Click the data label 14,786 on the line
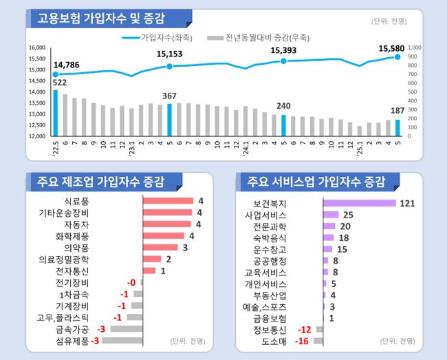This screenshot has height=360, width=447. tap(66, 65)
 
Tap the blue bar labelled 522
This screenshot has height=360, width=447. tap(56, 113)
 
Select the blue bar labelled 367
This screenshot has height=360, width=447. tap(169, 119)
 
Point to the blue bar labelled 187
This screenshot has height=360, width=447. tap(397, 127)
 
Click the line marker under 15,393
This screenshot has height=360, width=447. tap(283, 61)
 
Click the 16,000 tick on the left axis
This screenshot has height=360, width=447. tap(36, 47)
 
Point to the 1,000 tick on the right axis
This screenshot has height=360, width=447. tap(414, 47)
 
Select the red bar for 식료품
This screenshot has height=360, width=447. tap(168, 201)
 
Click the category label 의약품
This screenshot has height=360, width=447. tap(78, 247)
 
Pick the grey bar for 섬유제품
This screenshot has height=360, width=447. tap(122, 340)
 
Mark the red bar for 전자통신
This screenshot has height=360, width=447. tap(149, 271)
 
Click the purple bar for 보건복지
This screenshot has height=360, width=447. tap(360, 203)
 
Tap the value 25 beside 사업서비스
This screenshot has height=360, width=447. tap(348, 215)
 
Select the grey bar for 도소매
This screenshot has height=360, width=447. tap(319, 341)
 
